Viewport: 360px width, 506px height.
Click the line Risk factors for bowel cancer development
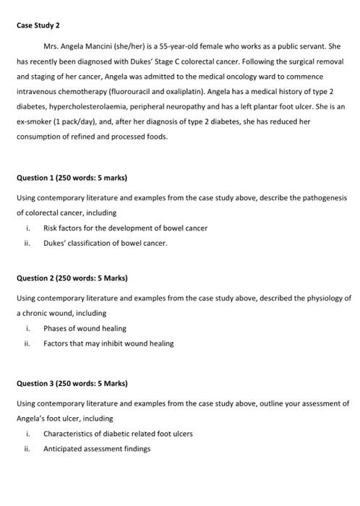125,228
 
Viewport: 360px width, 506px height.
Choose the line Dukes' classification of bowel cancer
106,243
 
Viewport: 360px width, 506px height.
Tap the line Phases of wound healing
85,328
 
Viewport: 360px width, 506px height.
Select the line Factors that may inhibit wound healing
108,343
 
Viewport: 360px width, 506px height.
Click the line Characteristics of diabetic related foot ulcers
118,433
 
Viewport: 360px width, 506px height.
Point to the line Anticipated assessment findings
97,448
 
